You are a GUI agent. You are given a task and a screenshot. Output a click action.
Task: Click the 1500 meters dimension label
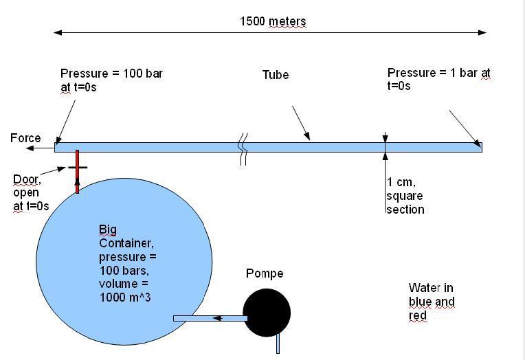coord(273,21)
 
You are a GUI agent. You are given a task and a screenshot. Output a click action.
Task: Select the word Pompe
coord(265,273)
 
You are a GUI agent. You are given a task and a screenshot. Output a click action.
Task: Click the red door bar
coord(77,172)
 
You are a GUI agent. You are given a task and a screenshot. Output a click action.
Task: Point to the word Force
coord(25,139)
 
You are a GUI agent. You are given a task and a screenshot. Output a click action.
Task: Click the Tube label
coord(275,74)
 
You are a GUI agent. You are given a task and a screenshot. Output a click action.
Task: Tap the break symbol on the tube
coord(242,151)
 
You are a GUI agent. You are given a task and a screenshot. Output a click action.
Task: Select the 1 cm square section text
coord(405,196)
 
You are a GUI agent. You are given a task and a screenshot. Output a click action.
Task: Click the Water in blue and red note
coord(432,302)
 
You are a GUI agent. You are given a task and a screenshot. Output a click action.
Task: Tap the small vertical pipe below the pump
coord(278,343)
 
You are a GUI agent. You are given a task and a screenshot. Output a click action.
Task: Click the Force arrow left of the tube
coord(43,148)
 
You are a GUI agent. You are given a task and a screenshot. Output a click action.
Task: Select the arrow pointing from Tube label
coord(300,123)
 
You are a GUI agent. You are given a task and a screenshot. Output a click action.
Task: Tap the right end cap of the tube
coord(480,147)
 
